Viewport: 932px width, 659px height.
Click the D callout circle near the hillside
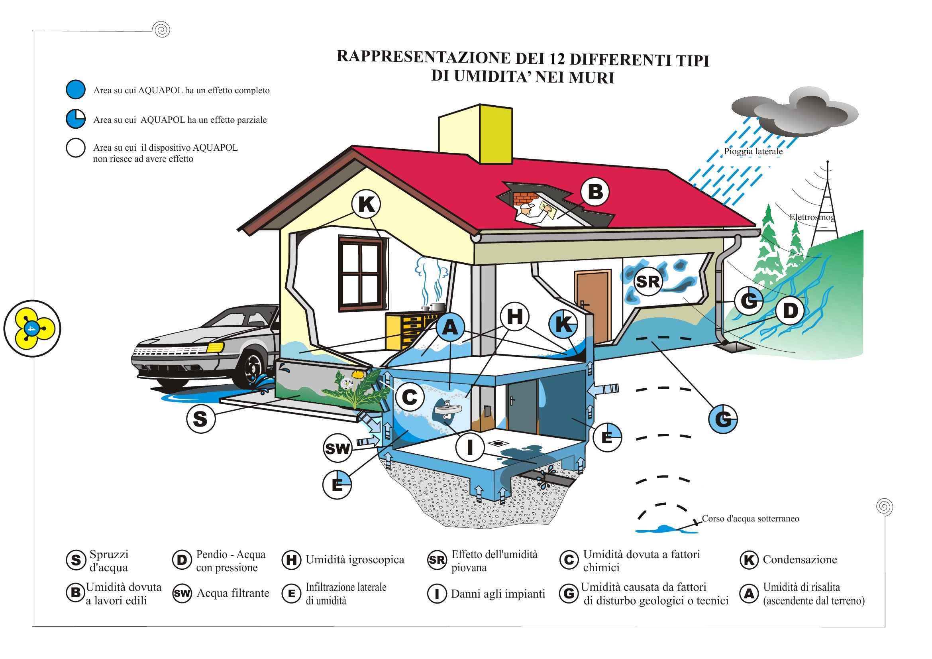coord(790,311)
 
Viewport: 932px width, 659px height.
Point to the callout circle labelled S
coord(200,419)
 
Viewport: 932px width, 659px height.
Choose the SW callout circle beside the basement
coord(337,448)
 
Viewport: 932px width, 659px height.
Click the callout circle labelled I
coord(470,447)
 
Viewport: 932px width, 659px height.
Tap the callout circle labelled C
coord(410,397)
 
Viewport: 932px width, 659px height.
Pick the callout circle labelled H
coord(514,317)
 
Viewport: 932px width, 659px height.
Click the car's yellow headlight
coord(215,348)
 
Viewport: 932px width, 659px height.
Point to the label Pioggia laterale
coord(753,151)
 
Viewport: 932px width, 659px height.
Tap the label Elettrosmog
coord(812,217)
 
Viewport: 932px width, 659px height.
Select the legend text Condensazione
coord(800,559)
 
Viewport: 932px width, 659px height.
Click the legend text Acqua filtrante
coord(233,593)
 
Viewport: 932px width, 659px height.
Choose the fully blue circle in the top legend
coord(75,89)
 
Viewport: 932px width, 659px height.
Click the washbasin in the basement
coord(447,409)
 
